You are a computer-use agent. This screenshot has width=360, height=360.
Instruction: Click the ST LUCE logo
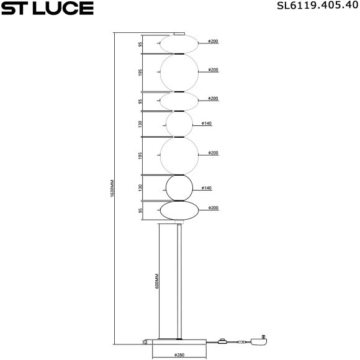pyautogui.click(x=47, y=8)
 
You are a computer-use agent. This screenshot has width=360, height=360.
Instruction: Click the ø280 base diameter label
pyautogui.click(x=180, y=355)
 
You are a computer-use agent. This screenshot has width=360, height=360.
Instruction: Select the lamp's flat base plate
pyautogui.click(x=180, y=341)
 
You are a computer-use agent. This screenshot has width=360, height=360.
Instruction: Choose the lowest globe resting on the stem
pyautogui.click(x=179, y=211)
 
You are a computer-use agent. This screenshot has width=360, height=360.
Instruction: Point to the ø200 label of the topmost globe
pyautogui.click(x=213, y=42)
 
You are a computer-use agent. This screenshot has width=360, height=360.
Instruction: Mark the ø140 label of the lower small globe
pyautogui.click(x=207, y=187)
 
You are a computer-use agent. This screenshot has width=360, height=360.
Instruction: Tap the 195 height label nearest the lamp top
pyautogui.click(x=141, y=73)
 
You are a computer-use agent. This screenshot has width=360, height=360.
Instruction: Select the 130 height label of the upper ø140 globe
pyautogui.click(x=141, y=124)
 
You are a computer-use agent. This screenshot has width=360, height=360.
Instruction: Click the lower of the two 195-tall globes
pyautogui.click(x=179, y=155)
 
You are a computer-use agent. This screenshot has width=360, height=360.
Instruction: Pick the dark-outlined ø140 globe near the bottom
pyautogui.click(x=179, y=187)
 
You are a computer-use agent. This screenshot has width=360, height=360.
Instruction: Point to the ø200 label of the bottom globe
pyautogui.click(x=213, y=208)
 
